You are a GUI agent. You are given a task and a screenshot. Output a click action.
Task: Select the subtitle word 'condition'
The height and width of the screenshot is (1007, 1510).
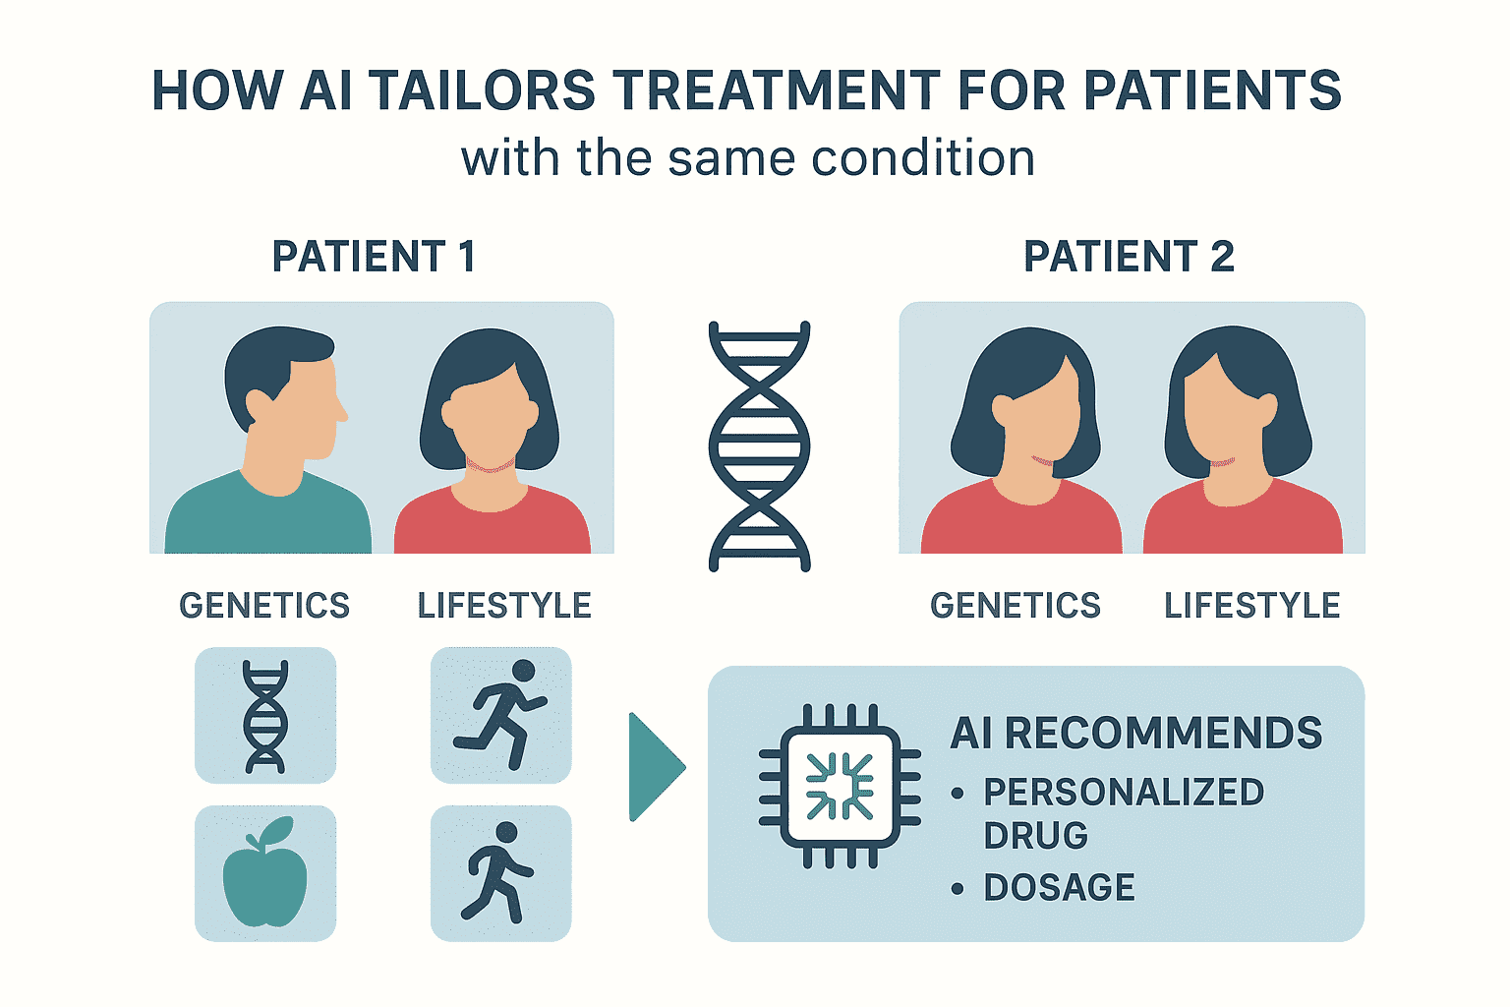tap(923, 158)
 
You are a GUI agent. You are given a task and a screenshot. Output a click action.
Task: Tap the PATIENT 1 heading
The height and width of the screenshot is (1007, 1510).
tap(375, 257)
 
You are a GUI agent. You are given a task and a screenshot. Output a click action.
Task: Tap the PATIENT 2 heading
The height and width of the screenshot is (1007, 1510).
tap(1130, 257)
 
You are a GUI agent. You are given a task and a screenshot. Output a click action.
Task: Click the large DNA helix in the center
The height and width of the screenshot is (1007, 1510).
tap(759, 446)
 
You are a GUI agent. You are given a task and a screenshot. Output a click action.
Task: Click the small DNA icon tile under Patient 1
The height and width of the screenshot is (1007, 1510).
tap(265, 716)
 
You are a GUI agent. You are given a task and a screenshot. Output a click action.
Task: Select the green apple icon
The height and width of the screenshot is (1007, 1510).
tap(264, 872)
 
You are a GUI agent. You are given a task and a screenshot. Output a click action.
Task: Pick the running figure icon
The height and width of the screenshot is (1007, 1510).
tap(500, 714)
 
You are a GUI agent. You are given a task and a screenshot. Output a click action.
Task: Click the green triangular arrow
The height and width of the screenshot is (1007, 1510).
tap(656, 767)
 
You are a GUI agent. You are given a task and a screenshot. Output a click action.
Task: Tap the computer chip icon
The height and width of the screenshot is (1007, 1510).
tap(840, 787)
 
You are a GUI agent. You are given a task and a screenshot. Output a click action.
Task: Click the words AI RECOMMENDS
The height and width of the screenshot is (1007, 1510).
tap(1135, 734)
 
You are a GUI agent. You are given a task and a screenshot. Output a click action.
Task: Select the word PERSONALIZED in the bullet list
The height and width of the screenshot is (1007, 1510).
tap(1124, 792)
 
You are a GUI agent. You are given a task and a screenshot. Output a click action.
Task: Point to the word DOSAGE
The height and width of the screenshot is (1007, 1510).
tap(1059, 887)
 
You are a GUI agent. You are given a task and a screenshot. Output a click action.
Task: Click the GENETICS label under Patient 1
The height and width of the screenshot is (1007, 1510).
tap(264, 605)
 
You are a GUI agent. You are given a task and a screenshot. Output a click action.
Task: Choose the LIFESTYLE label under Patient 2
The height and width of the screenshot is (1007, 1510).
tap(1251, 605)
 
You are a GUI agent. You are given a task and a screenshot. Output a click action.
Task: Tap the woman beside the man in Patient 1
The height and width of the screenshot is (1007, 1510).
tap(491, 442)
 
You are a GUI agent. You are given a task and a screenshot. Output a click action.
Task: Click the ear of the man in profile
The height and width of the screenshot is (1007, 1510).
tap(258, 406)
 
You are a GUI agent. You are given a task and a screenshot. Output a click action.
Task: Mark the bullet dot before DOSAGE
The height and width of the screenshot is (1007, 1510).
tap(958, 888)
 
